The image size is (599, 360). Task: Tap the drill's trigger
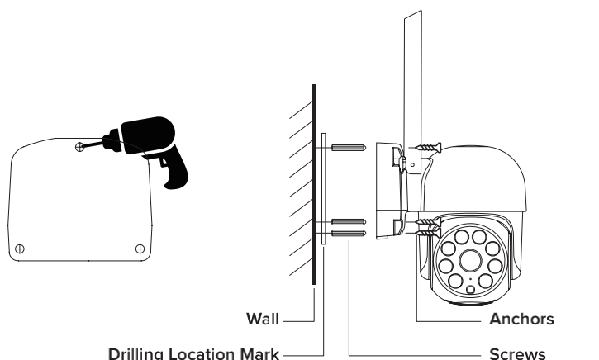(156, 160)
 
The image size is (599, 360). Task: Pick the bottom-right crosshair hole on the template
(139, 247)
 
